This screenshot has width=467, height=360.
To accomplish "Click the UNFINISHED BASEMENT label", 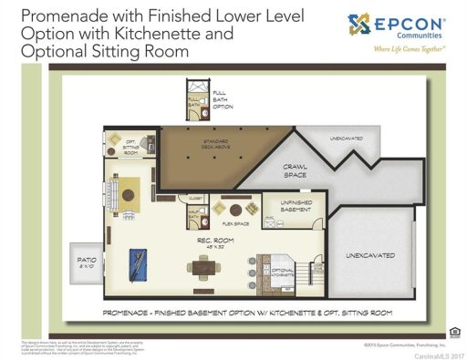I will [296, 206].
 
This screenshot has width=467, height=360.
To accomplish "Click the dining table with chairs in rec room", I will [203, 267].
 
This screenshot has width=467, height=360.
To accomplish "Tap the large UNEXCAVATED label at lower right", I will [371, 256].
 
